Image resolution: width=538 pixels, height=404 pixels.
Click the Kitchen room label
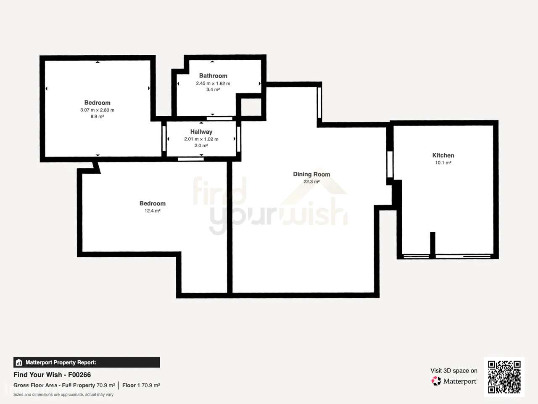coord(443,155)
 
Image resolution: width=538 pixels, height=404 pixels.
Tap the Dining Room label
coord(311,174)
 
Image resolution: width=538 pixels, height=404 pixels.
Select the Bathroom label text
coord(213,76)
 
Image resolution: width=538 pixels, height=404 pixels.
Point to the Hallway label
coord(201,132)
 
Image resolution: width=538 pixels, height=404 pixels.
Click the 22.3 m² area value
coord(311,181)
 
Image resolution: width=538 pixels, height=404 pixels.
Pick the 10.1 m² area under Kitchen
coord(443,162)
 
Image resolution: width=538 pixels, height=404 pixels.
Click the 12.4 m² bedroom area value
coord(153,211)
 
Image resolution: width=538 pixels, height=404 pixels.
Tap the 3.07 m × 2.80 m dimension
coord(98,110)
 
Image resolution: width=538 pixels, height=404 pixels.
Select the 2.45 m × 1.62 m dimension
coord(213,83)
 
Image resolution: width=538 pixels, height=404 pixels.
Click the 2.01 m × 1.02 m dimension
coord(201,139)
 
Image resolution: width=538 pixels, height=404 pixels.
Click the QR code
coord(504,377)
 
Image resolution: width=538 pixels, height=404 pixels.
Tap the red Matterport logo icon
coord(436,381)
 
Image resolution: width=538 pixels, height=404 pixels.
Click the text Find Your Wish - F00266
coord(52,375)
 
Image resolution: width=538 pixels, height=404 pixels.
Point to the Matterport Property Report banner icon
coord(18,362)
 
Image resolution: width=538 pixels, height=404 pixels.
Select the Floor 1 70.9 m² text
coord(141,385)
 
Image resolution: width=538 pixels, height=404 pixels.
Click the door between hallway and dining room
coord(238,139)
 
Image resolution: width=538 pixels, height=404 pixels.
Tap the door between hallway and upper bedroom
coord(164,139)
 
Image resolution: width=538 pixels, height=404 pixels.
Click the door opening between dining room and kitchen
coord(390,165)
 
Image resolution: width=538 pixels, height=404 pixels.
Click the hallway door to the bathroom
coord(219,119)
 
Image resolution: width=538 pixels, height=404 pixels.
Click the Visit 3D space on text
coord(454,371)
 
